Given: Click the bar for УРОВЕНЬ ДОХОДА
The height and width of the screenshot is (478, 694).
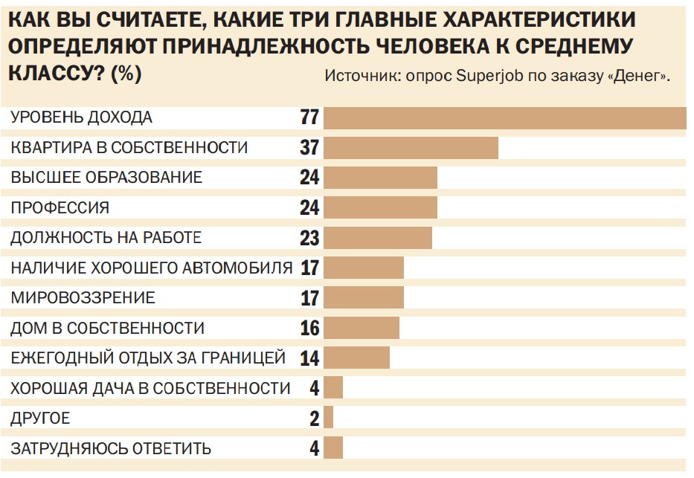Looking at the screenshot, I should (x=504, y=118).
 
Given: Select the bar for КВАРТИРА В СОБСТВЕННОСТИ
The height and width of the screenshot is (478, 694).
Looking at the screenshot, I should (x=411, y=148).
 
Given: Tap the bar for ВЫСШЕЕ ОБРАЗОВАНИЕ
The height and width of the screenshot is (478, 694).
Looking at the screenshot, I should (x=380, y=178).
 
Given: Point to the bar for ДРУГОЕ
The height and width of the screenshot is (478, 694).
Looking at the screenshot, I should (x=329, y=418).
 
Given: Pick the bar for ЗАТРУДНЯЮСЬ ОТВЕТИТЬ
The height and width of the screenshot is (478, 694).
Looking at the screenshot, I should (x=333, y=448).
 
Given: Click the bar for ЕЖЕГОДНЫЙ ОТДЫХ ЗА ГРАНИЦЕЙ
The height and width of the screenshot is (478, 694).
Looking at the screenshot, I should (x=356, y=358).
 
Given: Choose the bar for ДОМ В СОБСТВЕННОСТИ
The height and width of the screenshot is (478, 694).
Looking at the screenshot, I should (x=362, y=328).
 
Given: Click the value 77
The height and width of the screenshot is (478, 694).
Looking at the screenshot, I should (x=309, y=117).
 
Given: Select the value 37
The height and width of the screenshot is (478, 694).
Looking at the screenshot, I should (x=309, y=147).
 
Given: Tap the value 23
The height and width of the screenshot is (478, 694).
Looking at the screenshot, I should (x=309, y=238).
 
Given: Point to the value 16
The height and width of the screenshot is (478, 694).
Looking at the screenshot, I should (x=309, y=328).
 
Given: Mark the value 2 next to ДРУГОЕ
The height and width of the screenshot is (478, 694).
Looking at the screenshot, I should (x=315, y=419).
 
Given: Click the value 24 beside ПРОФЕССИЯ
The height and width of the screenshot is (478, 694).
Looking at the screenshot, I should (x=309, y=207).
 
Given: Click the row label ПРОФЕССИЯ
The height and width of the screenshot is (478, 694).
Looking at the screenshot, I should (x=60, y=208).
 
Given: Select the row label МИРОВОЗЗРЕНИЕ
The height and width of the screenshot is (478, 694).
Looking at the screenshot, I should (x=83, y=298).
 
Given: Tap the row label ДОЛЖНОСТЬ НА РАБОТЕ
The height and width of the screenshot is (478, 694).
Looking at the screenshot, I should (x=106, y=238).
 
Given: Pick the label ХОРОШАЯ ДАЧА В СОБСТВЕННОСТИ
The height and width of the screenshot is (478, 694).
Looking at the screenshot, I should (x=150, y=388).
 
